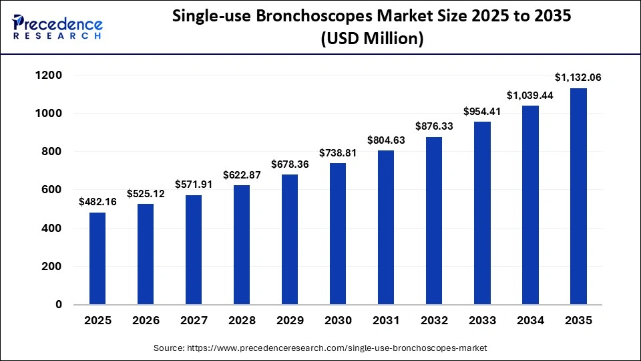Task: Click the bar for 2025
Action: point(97,258)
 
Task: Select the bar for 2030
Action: point(339,234)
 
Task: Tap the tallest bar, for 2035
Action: point(578,196)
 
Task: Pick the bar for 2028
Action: point(242,245)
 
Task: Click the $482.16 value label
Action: point(97,201)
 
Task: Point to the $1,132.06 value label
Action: point(578,77)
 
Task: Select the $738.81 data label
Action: point(339,152)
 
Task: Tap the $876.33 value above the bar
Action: point(434,126)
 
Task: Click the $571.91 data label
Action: point(194,184)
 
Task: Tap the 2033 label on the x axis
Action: point(482,321)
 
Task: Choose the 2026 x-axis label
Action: point(146,321)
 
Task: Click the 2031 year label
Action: point(386,321)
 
